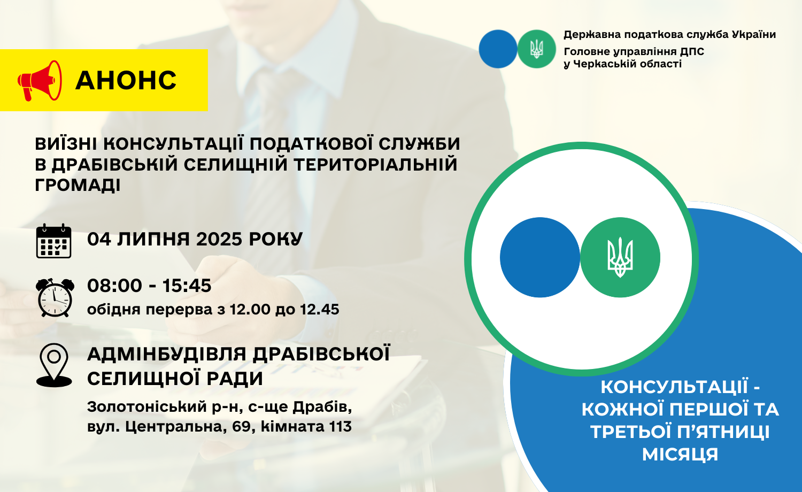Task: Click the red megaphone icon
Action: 40,81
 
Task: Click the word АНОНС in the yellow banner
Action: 126,80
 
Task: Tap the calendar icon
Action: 53,241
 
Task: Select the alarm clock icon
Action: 55,297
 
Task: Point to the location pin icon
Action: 54,365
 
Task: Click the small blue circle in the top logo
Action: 498,49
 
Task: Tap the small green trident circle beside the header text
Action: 536,49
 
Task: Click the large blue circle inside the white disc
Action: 540,257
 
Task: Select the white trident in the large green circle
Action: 620,257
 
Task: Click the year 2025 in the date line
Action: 219,239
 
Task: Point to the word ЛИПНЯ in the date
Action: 153,239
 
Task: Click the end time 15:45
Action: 187,286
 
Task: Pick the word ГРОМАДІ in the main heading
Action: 78,186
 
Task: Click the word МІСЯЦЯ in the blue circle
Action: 680,454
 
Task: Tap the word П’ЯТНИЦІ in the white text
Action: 723,432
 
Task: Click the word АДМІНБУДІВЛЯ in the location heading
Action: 167,354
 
